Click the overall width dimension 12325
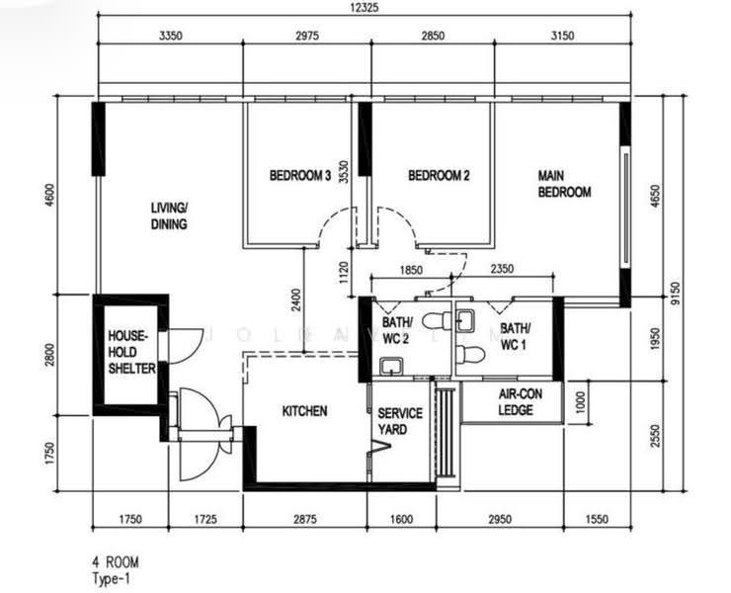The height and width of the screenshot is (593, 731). tap(365, 8)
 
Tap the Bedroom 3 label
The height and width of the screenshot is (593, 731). tap(300, 175)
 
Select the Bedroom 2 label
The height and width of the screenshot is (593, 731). tap(439, 175)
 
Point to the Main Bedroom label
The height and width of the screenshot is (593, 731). tap(564, 184)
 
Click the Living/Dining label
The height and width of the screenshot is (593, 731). tap(169, 216)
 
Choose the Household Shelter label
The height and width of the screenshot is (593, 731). tap(131, 352)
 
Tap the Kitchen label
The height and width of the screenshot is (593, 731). tap(304, 411)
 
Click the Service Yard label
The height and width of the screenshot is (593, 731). tap(400, 421)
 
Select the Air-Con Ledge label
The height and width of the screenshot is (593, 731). tap(520, 402)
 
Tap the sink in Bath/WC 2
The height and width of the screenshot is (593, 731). tap(391, 367)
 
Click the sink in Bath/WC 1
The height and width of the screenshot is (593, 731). tap(465, 320)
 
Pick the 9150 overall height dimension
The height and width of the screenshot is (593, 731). tap(676, 293)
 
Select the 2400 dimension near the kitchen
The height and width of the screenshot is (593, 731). tap(295, 300)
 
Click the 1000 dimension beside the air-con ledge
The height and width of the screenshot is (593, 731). tap(580, 402)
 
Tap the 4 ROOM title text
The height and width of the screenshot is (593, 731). tap(116, 562)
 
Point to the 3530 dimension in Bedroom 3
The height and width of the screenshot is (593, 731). tap(344, 172)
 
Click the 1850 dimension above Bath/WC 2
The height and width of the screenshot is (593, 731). tap(411, 270)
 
